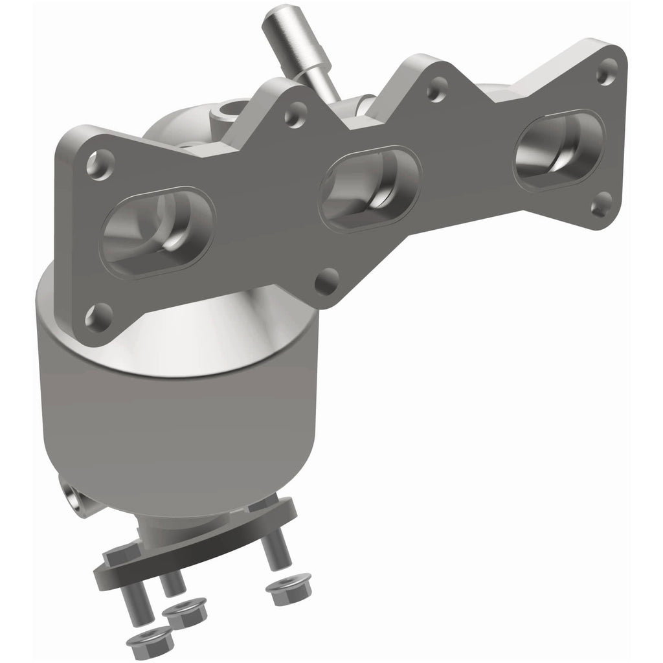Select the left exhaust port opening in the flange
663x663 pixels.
coord(157,230)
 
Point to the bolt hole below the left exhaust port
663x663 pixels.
coord(98,317)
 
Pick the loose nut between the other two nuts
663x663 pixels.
coord(183,612)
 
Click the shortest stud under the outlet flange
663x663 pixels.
coord(172,583)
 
